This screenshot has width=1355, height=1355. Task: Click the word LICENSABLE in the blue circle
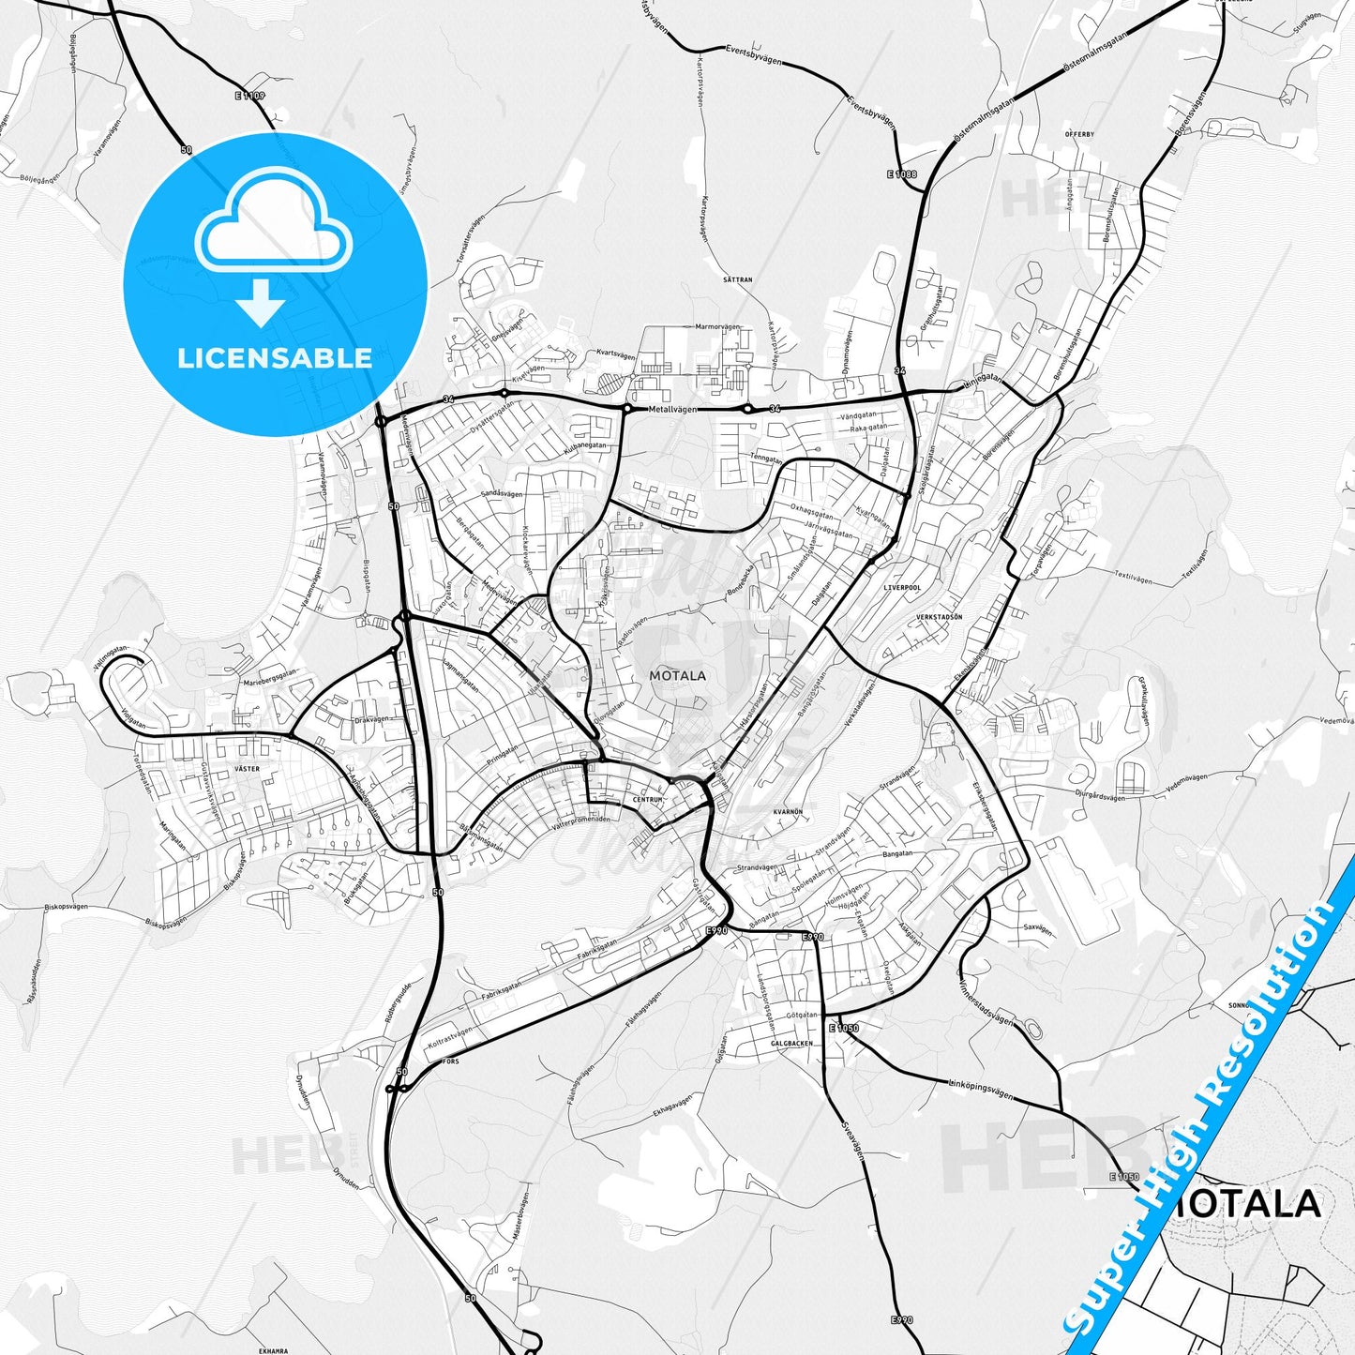point(275,358)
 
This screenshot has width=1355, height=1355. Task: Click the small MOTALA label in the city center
point(677,675)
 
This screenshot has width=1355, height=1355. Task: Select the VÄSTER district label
point(247,769)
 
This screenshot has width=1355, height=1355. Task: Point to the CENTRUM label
point(648,799)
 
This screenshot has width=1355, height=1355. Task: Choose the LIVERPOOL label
point(902,587)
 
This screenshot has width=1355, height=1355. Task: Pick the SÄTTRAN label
point(738,279)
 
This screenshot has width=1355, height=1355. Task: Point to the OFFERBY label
point(1079,134)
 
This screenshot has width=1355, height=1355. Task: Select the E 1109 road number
point(250,96)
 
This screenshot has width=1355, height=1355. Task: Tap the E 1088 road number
point(901,174)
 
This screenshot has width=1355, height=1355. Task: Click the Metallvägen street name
point(672,410)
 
